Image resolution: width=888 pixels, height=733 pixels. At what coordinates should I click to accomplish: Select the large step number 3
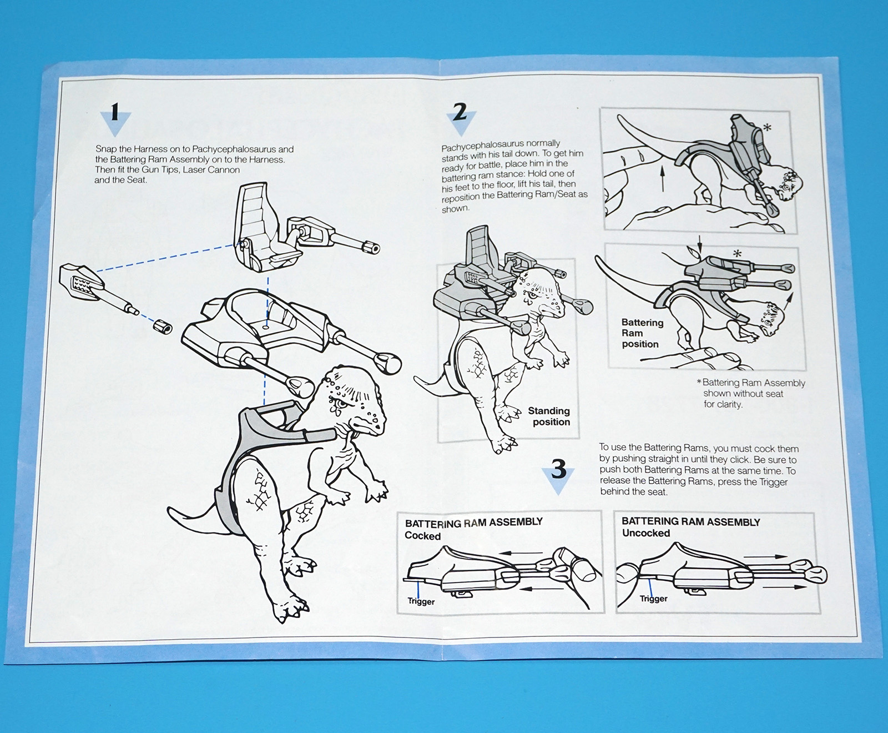tap(558, 469)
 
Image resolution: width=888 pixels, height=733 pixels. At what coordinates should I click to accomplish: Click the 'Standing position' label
tap(548, 416)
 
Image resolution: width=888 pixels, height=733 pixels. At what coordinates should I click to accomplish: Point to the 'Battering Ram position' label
tap(642, 333)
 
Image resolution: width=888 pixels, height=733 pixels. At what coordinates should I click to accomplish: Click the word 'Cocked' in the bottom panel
tap(422, 536)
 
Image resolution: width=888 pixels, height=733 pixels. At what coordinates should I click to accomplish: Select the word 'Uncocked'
tap(646, 533)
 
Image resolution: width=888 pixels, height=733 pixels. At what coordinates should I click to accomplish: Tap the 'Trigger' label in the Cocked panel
tap(421, 601)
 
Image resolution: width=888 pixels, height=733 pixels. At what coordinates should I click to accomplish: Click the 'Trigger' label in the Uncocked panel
tap(654, 599)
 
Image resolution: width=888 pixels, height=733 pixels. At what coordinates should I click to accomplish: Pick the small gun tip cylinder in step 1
tap(163, 327)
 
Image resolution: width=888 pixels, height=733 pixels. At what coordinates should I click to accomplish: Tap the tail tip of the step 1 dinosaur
tap(170, 509)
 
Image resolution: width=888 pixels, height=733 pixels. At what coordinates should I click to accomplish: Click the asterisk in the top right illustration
tap(768, 128)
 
